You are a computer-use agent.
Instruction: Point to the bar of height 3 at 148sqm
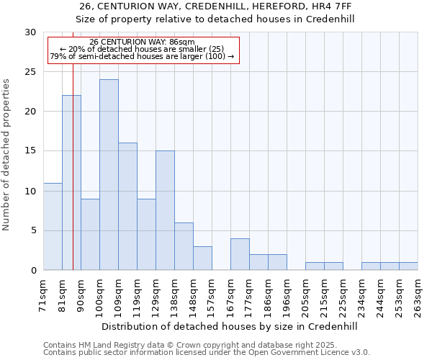[x=202, y=258]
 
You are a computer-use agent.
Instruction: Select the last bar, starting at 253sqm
[x=408, y=266]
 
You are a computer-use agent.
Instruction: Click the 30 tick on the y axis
[x=30, y=32]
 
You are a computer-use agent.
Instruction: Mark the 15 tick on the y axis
[x=30, y=151]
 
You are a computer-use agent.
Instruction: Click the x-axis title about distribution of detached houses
[x=230, y=326]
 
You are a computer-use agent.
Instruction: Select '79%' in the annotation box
[x=58, y=56]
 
